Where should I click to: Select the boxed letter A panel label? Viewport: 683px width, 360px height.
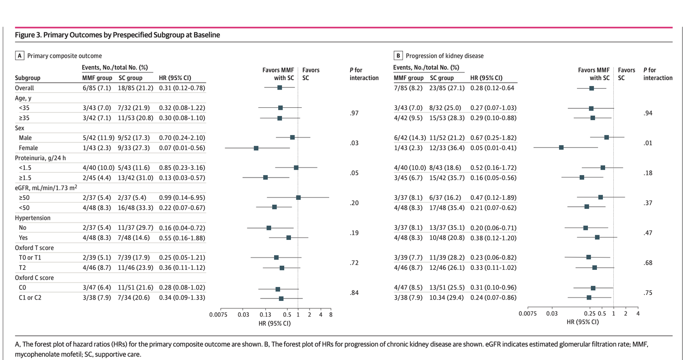20,56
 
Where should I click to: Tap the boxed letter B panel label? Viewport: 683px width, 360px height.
398,56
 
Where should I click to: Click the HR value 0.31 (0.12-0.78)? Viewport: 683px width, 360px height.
182,87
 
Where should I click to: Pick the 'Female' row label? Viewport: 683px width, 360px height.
28,147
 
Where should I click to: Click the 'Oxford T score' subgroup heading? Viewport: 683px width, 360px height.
35,248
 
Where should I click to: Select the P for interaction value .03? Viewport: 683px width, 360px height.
355,143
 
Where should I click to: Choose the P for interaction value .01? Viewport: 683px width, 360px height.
648,143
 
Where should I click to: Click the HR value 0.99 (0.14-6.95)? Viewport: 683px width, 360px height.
182,198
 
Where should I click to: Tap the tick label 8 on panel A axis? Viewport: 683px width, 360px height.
331,314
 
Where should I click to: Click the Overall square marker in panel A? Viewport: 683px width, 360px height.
280,87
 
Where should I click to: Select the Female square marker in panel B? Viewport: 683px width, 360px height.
561,147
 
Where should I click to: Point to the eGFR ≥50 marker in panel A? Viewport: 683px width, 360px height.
298,198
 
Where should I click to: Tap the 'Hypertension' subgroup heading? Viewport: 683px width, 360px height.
33,218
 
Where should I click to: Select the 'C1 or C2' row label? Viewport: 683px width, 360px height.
31,298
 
